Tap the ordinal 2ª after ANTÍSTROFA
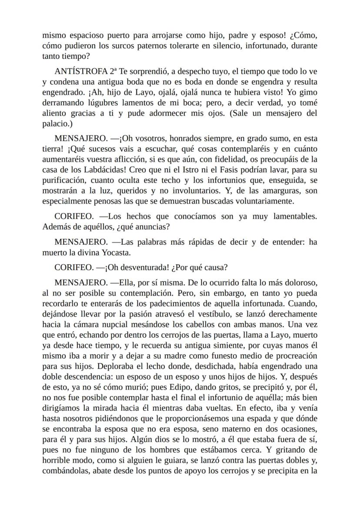pyautogui.click(x=114, y=72)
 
